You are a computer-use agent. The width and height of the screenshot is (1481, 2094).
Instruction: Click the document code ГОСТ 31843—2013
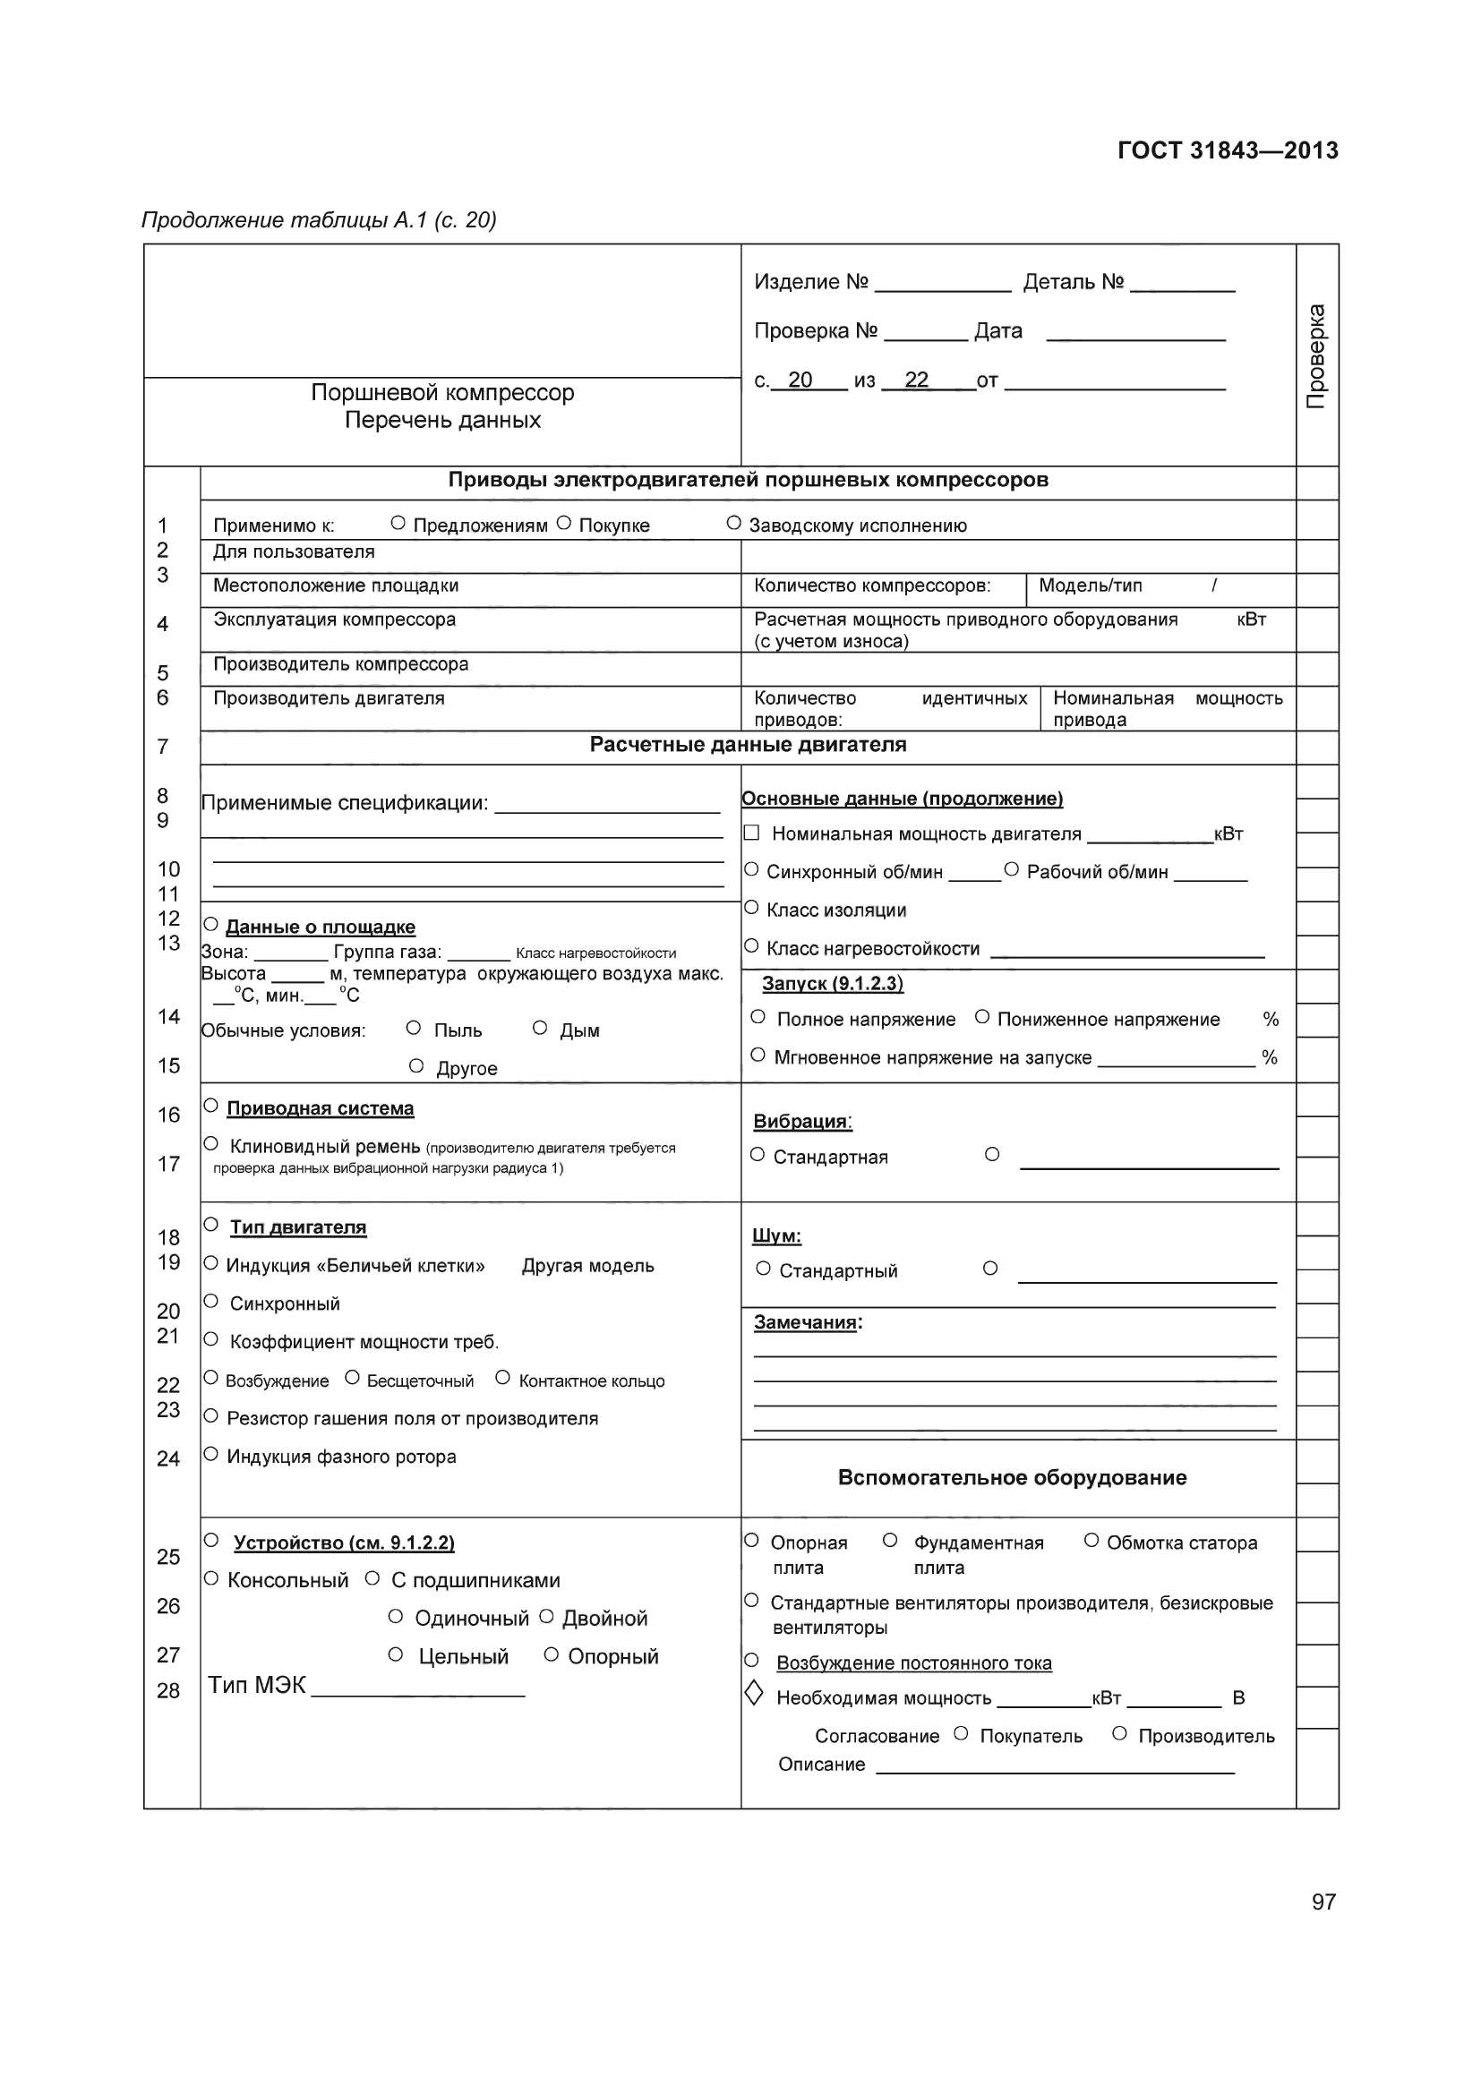click(x=1227, y=150)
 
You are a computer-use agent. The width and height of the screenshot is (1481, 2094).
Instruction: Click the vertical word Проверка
click(x=1316, y=356)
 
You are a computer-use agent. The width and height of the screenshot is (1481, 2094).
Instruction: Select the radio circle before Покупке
click(x=563, y=524)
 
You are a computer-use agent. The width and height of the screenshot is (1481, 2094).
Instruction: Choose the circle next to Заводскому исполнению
click(x=733, y=524)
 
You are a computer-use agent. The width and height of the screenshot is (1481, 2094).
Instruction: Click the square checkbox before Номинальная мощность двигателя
click(x=751, y=833)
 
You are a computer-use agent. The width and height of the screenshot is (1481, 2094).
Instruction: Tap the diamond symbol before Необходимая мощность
click(x=754, y=1694)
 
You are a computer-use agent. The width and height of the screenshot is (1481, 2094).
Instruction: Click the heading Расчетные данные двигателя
click(x=747, y=745)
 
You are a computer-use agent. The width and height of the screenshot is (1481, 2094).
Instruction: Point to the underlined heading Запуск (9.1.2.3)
click(x=832, y=984)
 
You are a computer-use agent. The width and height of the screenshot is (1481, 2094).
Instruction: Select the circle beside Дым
click(x=540, y=1029)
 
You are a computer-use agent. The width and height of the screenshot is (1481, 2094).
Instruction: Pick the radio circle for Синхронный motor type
click(x=210, y=1302)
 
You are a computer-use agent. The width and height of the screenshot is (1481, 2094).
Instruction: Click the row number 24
click(x=167, y=1458)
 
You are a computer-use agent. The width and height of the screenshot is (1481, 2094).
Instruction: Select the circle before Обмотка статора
click(x=1091, y=1541)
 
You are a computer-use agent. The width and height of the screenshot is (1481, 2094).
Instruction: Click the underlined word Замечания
click(x=805, y=1323)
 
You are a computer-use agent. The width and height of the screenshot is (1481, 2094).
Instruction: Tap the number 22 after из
click(x=916, y=380)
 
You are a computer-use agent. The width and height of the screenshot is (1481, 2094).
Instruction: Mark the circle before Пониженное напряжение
click(x=982, y=1017)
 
